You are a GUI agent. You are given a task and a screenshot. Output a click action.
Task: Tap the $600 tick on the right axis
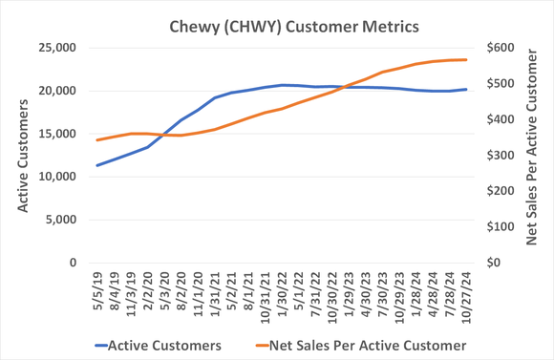point(501,48)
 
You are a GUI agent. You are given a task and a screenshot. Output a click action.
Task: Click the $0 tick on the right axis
point(495,263)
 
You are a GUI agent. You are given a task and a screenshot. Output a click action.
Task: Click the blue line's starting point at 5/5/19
point(96,165)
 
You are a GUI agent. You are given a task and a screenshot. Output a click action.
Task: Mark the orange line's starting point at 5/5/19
point(96,140)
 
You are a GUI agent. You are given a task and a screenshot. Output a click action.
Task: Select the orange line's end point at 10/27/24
point(466,59)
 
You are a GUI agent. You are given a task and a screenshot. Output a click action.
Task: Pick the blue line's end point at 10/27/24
point(466,90)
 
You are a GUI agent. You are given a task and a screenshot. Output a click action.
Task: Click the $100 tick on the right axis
point(501,226)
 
